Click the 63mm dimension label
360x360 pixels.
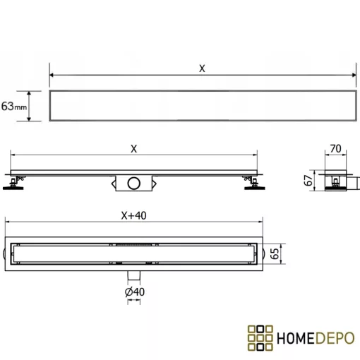pos(14,106)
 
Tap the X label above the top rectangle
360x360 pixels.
pos(202,68)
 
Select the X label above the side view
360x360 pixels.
pos(133,149)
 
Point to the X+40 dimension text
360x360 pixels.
pos(133,215)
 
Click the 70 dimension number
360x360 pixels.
pos(335,149)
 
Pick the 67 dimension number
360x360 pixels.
pos(308,180)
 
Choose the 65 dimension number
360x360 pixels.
pos(275,253)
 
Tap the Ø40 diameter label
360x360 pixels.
pos(135,292)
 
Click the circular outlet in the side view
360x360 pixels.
pos(134,184)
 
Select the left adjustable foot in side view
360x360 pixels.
pos(13,184)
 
